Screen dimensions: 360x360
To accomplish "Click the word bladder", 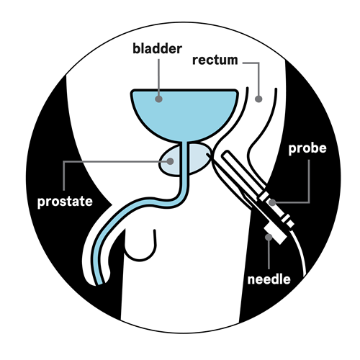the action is pos(157,49).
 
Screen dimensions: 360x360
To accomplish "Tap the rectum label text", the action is pos(215,60).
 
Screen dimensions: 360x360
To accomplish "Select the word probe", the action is pos(307,149).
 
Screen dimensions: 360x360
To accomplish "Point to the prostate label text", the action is pos(65,202).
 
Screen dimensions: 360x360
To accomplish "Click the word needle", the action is pos(269,279).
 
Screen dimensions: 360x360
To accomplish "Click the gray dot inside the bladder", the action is pos(158,99).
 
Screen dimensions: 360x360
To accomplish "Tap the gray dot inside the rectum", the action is pos(258,99).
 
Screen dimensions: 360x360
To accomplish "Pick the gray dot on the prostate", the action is pos(170,161).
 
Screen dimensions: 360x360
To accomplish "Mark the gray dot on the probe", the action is pos(272,202).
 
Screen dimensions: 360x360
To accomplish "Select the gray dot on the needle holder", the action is pos(269,237).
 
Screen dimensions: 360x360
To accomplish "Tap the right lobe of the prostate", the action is pos(199,158).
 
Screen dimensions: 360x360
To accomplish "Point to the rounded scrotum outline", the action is pos(140,260).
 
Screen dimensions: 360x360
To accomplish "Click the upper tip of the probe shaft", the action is pos(227,152).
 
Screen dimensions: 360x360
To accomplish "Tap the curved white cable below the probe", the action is pos(301,250).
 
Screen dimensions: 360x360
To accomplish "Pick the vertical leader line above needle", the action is pos(269,254).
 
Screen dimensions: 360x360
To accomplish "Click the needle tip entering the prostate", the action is pos(207,153).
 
